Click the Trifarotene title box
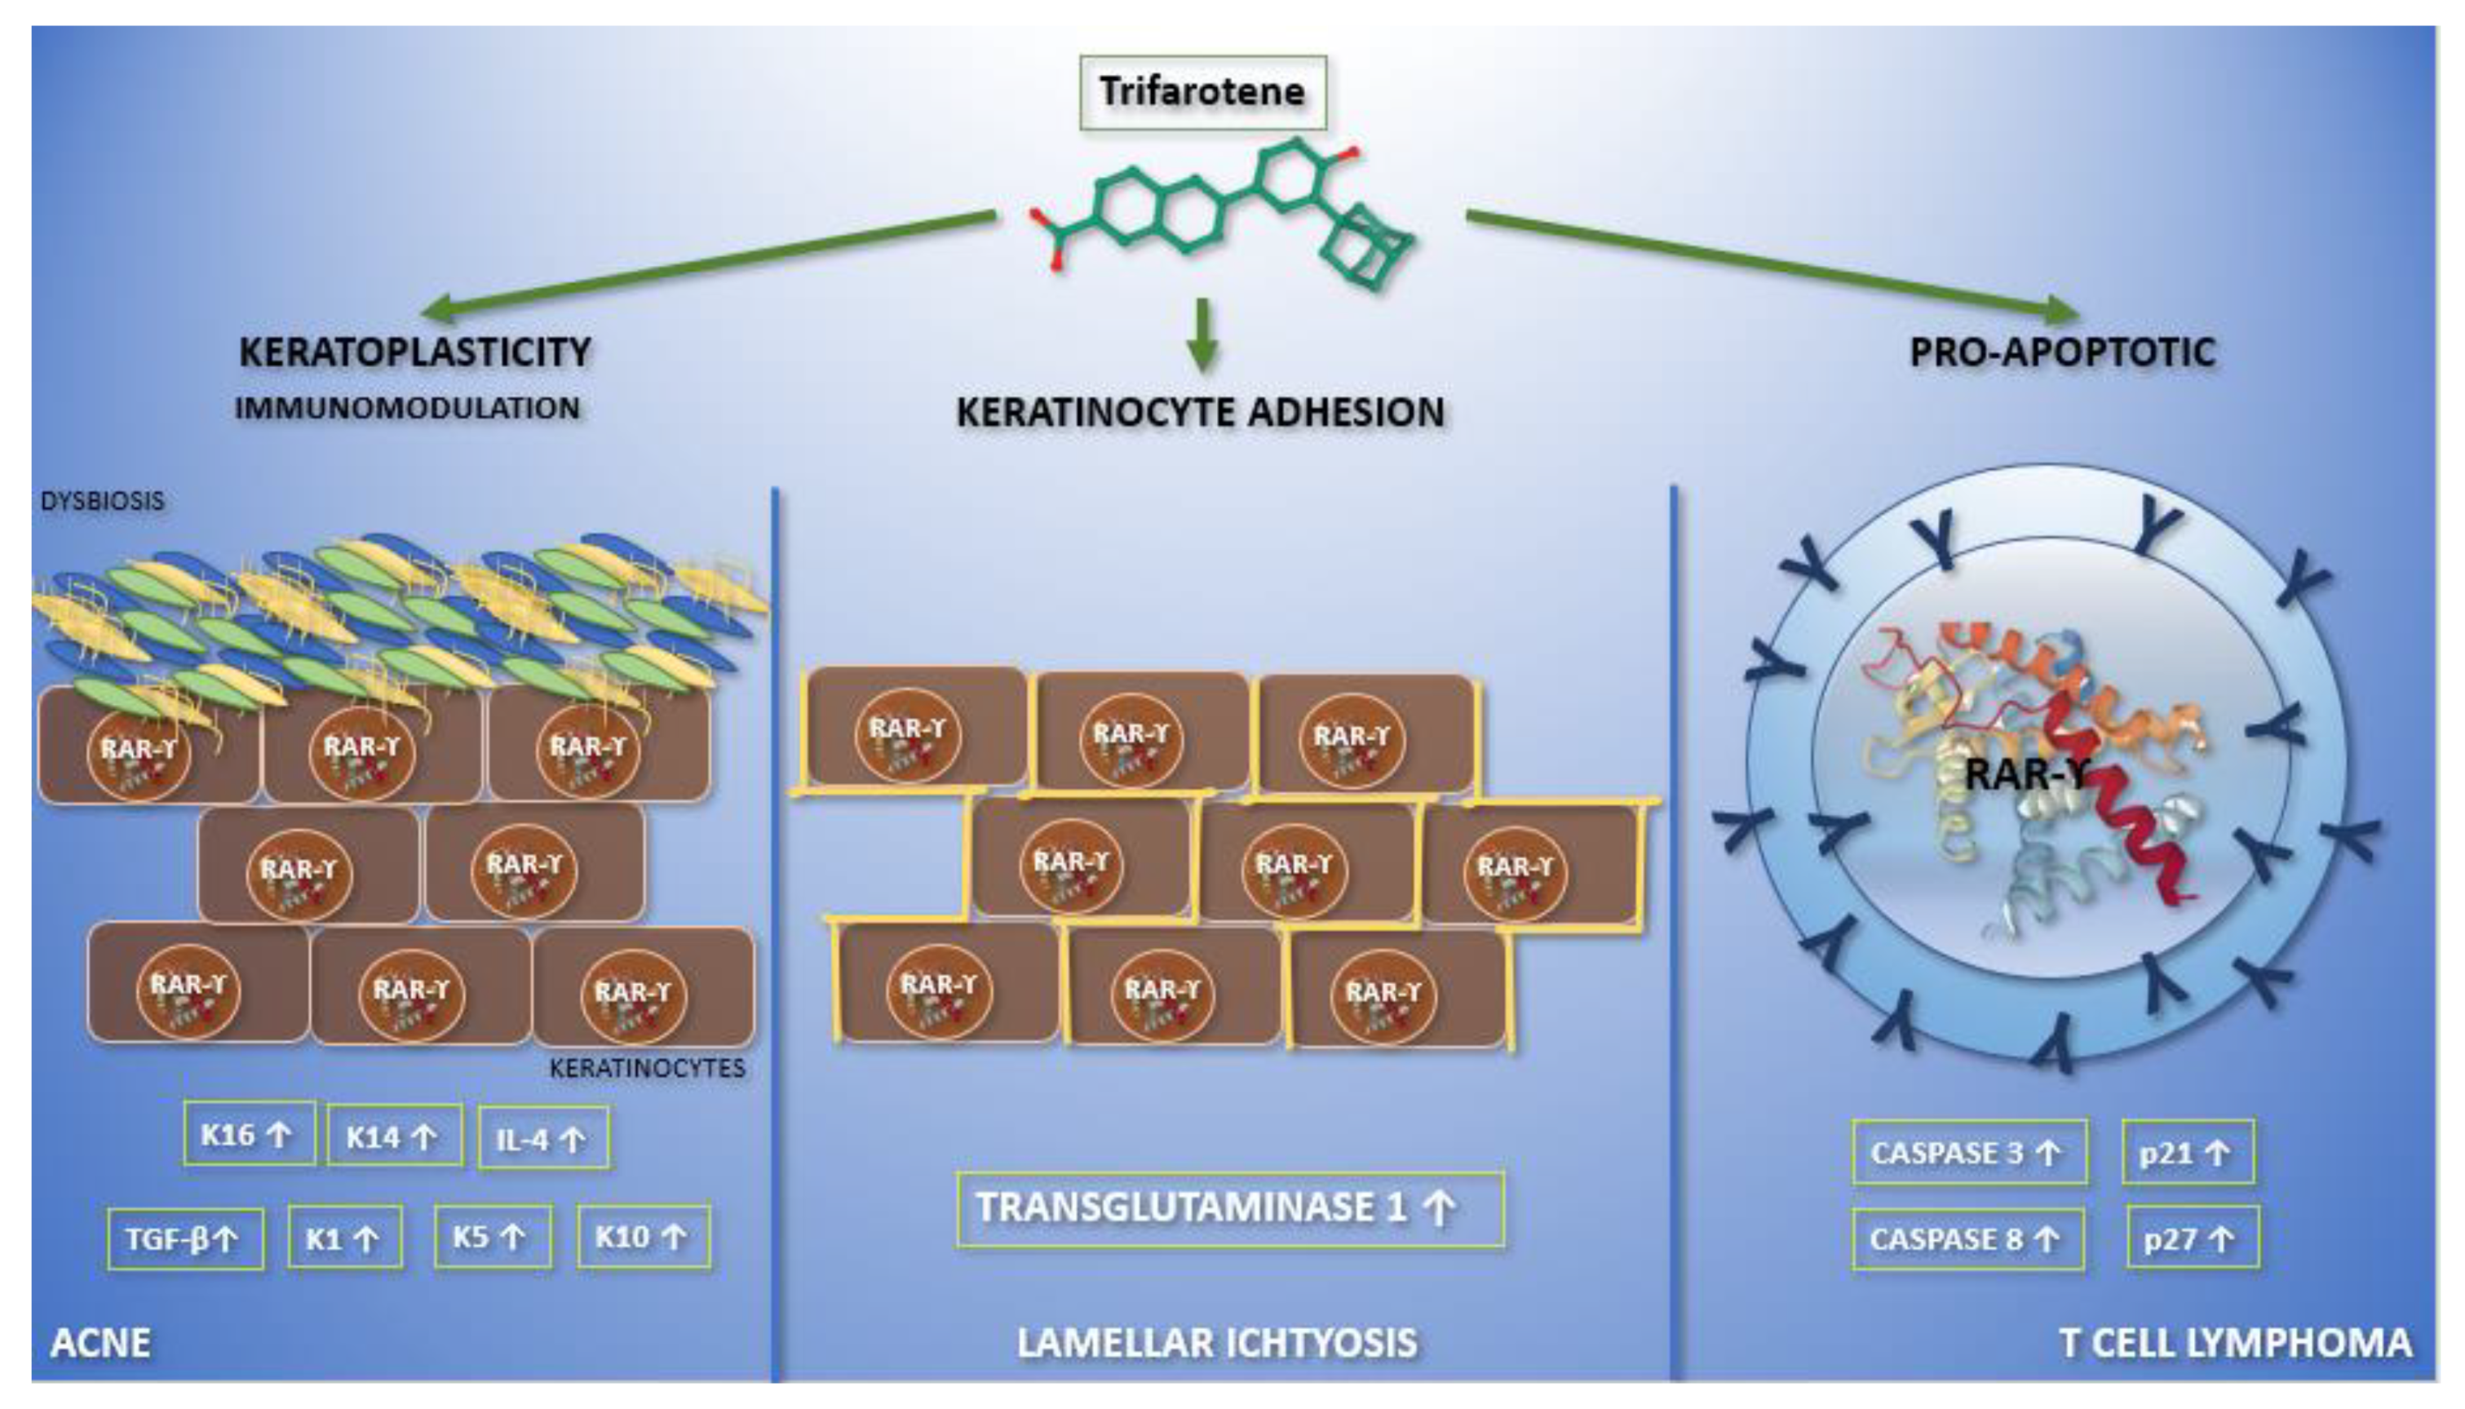pos(1202,93)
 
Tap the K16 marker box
pos(249,1134)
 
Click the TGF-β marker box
pos(185,1238)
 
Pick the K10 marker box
pos(644,1237)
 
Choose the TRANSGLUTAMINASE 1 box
pos(1229,1208)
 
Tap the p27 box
pos(2193,1238)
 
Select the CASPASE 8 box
pos(1967,1238)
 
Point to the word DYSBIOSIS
pos(103,501)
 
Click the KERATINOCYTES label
pos(647,1068)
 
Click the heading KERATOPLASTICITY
pos(415,352)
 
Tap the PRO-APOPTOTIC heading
pos(2061,352)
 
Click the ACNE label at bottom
pos(100,1343)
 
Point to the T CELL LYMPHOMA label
pos(2235,1343)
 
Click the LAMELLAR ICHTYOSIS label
pos(1217,1343)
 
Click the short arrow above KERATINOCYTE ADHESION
pos(1202,334)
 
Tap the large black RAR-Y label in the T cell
pos(2028,774)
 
